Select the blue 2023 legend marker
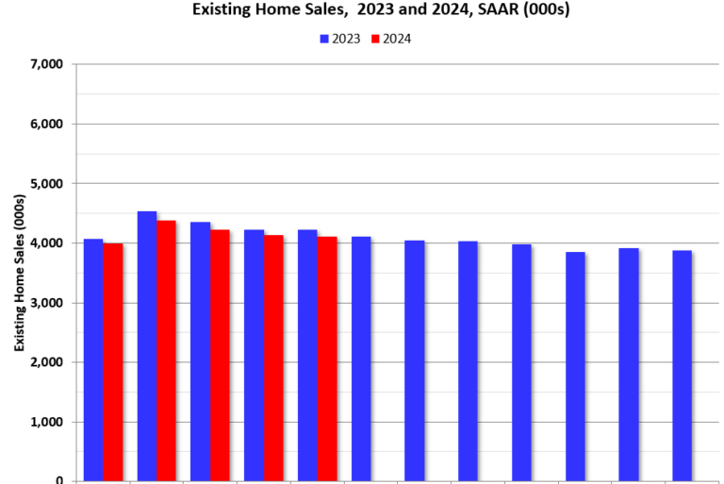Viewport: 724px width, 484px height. pos(324,39)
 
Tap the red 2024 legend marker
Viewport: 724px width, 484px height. pos(375,39)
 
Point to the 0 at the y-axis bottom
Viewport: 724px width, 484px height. pos(59,480)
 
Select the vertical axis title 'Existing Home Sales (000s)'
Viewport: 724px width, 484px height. pos(19,273)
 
